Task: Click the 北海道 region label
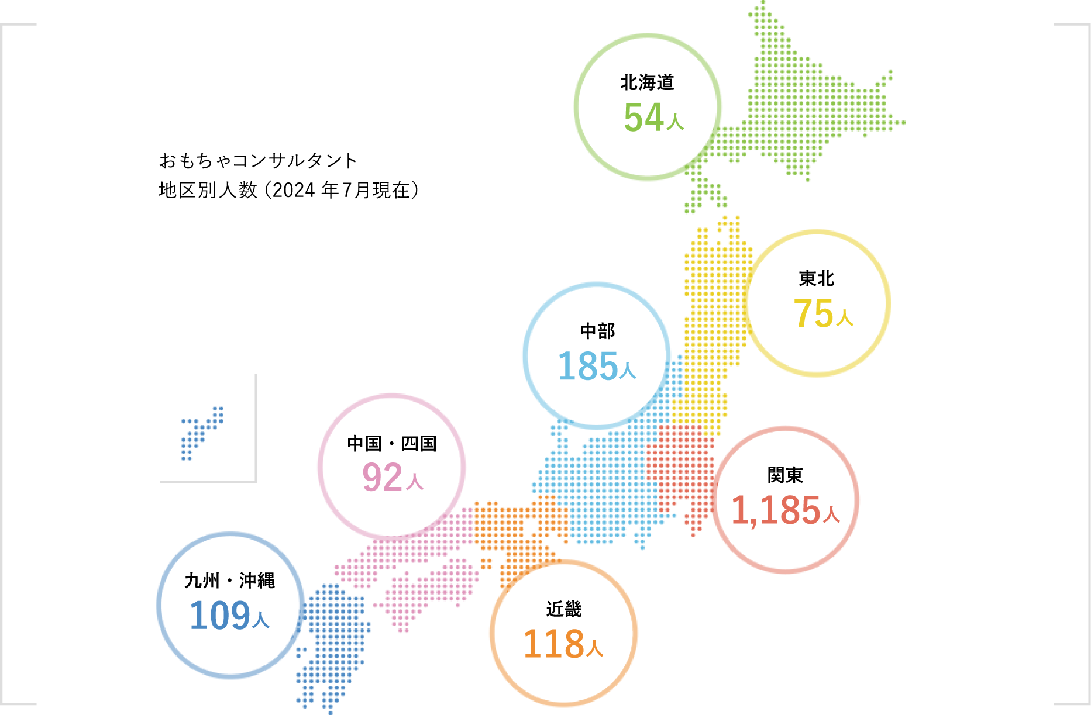tap(647, 83)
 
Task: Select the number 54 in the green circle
tap(643, 118)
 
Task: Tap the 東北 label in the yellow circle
tap(817, 279)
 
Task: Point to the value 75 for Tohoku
tap(813, 313)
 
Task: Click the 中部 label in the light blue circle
tap(597, 331)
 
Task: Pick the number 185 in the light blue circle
tap(588, 367)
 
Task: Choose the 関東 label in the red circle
tap(785, 475)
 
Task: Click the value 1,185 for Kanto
tap(776, 510)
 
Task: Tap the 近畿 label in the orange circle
tap(564, 609)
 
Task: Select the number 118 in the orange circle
tap(553, 644)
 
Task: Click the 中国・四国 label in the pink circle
tap(391, 444)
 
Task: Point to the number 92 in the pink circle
tap(383, 478)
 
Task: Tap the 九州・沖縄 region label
tap(229, 581)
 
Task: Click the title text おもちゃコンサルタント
tap(258, 160)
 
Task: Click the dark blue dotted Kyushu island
tap(333, 637)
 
